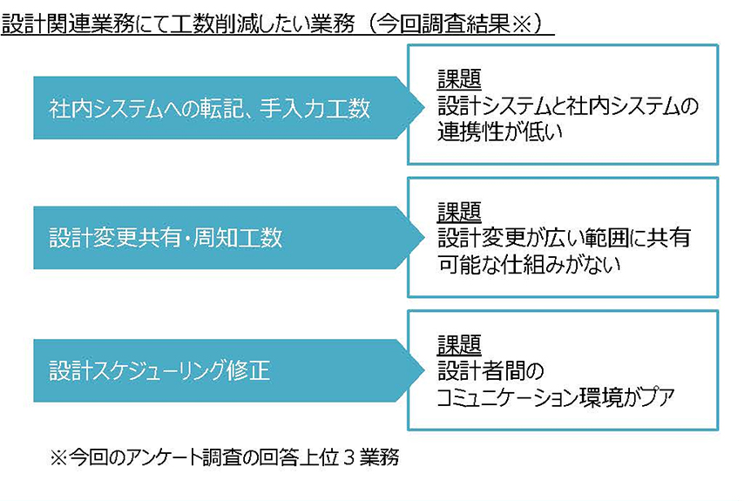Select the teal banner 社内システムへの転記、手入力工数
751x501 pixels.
pos(209,108)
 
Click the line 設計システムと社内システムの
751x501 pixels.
pos(568,107)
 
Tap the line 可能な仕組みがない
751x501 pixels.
pos(529,264)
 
